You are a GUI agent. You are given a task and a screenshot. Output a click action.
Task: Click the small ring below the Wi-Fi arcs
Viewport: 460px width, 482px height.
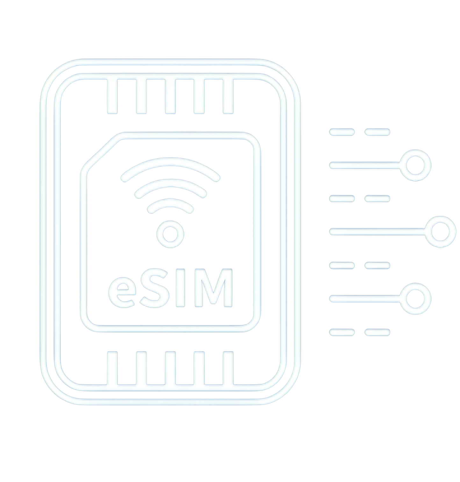(x=170, y=234)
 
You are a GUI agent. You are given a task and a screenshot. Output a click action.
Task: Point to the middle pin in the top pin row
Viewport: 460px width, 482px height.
(x=170, y=96)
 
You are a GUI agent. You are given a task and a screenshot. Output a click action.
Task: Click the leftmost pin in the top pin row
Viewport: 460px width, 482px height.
(x=112, y=96)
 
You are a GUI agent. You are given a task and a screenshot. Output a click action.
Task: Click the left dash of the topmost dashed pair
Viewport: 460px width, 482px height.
(x=342, y=132)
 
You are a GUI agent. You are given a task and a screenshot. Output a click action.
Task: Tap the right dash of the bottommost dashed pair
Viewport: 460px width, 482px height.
(x=377, y=332)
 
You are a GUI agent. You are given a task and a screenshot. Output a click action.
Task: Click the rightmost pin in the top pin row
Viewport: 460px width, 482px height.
(x=228, y=96)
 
